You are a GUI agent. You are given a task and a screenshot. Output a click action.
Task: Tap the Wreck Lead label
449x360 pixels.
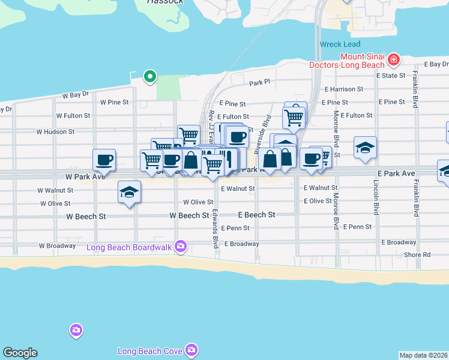tap(340, 44)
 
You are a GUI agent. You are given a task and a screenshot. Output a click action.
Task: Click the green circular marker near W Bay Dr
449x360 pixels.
tap(149, 76)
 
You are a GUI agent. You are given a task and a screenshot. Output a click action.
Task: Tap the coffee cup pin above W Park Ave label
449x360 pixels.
tap(104, 160)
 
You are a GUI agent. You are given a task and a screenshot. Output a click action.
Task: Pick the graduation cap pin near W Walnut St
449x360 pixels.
tap(129, 192)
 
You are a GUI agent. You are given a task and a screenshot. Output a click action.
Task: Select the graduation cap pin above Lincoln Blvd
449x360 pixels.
tap(365, 147)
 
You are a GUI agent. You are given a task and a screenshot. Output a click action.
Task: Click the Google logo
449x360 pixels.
tap(20, 353)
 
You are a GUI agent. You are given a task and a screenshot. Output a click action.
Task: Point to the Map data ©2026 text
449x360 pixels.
tap(423, 355)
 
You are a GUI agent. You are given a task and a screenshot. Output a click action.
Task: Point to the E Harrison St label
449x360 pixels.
tap(343, 89)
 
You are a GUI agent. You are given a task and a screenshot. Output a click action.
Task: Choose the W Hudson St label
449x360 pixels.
tap(55, 131)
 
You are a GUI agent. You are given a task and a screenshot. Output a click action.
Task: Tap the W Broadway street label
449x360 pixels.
tap(58, 245)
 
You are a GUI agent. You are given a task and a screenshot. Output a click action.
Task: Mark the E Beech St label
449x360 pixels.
tap(256, 214)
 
